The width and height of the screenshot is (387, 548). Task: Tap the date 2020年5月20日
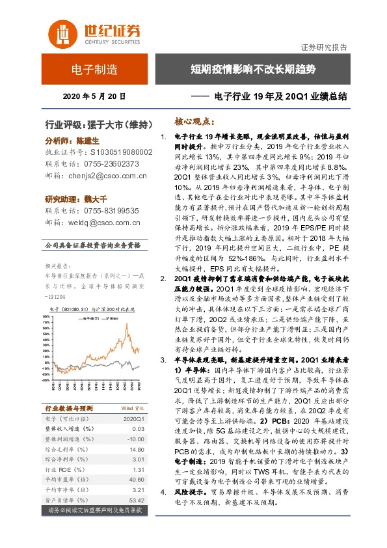pyautogui.click(x=94, y=95)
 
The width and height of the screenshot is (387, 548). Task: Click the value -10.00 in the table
pyautogui.click(x=134, y=439)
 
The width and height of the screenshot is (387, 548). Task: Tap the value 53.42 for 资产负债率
pyautogui.click(x=135, y=499)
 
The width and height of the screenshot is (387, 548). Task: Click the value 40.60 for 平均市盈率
pyautogui.click(x=135, y=479)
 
